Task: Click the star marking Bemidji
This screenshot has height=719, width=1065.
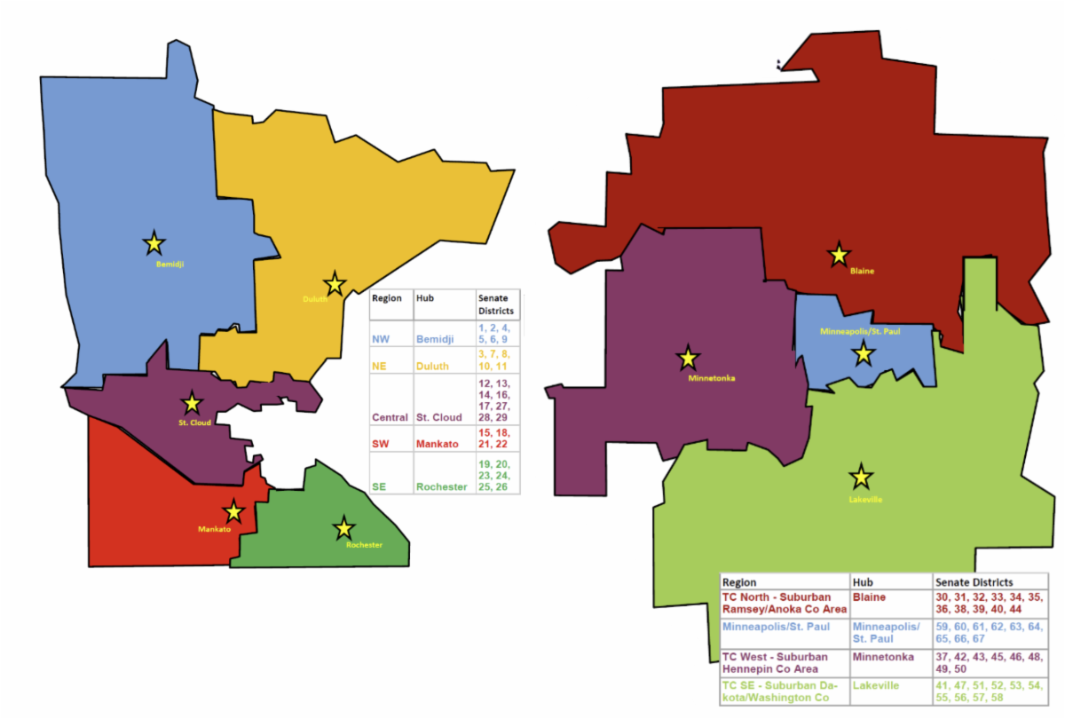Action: point(154,242)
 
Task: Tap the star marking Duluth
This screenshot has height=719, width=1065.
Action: point(335,284)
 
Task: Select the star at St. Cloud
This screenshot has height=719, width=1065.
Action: point(192,404)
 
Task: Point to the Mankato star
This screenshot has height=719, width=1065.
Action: point(233,511)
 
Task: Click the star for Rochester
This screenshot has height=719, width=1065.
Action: point(343,528)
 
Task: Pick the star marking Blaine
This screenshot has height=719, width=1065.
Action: point(838,256)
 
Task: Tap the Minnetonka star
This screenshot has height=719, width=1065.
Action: point(688,359)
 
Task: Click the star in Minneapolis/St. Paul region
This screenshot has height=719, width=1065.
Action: point(864,355)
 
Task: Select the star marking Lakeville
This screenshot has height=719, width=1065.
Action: point(860,477)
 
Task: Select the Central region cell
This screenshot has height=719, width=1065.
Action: point(390,417)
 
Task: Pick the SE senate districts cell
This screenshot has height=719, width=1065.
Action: point(496,475)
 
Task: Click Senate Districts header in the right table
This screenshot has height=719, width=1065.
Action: point(974,582)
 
